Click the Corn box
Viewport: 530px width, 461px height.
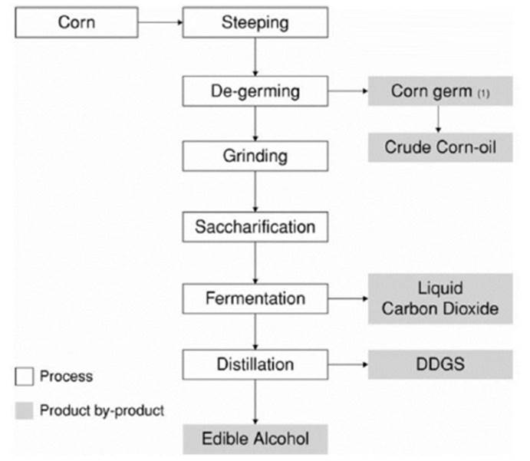76,22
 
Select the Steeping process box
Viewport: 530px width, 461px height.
255,22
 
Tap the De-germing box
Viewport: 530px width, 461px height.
255,92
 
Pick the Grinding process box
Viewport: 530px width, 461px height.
255,156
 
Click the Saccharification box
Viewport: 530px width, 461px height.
255,227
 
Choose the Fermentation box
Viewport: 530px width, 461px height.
255,298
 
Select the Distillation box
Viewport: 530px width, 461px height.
255,364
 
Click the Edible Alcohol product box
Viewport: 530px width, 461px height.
255,439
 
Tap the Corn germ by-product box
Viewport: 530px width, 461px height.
439,92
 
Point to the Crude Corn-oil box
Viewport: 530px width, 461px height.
439,146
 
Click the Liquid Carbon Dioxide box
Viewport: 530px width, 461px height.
439,298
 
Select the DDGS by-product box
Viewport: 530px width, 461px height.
439,364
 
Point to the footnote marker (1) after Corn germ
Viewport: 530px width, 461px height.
483,94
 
